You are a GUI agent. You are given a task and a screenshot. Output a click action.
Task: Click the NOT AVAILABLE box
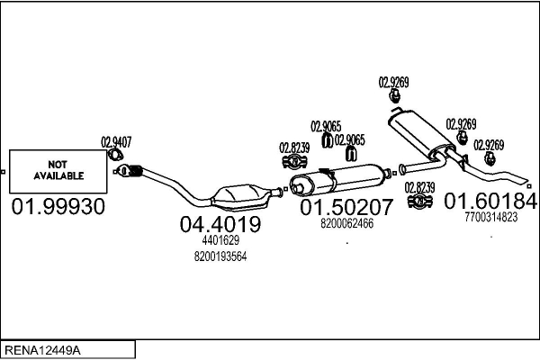58,170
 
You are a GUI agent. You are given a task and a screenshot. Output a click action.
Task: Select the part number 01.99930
58,207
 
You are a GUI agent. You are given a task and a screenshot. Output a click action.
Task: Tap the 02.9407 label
116,141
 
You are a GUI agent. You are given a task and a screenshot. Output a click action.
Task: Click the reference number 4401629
220,240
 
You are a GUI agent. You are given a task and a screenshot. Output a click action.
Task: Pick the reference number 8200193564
220,256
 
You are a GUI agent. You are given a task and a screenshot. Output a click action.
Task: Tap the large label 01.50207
346,207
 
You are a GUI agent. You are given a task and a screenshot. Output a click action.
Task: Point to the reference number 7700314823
491,217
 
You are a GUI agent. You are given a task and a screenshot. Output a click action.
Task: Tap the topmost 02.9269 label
393,82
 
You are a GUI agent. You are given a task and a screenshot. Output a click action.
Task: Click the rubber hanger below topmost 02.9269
394,97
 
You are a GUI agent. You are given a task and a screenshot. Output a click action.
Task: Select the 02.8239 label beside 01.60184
419,187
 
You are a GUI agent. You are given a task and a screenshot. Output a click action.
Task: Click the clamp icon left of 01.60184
419,201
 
